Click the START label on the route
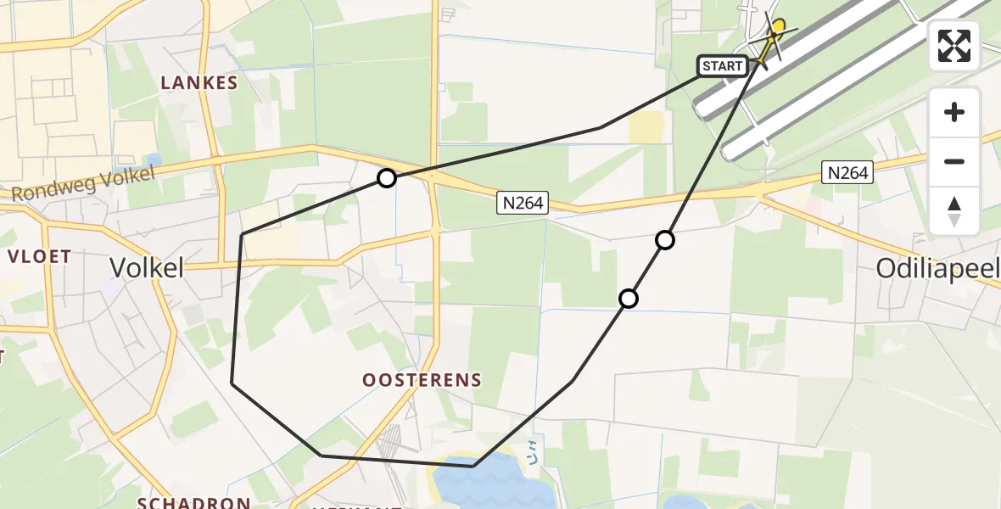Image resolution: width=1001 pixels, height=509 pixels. [722, 66]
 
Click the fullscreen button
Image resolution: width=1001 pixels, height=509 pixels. [954, 46]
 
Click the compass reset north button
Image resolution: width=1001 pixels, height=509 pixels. [954, 211]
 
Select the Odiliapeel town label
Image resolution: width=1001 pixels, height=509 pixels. [937, 270]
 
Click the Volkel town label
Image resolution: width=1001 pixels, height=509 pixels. [147, 268]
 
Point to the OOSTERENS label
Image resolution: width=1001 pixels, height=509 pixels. [422, 381]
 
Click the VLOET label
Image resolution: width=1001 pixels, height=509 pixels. [39, 256]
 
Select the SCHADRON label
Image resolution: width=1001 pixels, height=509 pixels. [194, 503]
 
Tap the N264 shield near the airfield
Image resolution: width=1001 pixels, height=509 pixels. [848, 173]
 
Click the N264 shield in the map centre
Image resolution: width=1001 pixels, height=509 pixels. [523, 203]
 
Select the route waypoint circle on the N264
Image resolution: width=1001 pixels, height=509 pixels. [387, 178]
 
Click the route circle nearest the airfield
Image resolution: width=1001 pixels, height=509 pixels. [665, 240]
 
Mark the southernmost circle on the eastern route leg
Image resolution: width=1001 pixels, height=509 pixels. [629, 298]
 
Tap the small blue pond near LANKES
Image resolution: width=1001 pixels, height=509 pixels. [154, 159]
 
